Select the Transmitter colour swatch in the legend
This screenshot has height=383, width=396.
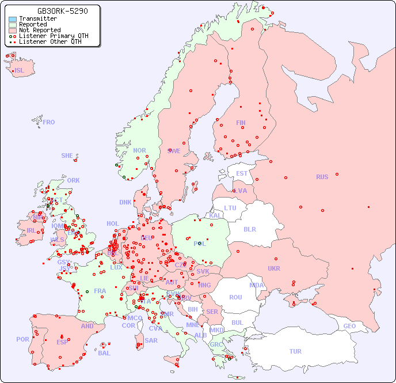click(x=12, y=19)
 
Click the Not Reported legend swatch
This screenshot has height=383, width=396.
click(x=12, y=31)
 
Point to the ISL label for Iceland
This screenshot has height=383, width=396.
click(x=20, y=71)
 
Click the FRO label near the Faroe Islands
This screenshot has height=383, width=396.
click(x=49, y=122)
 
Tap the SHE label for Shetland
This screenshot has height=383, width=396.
click(x=67, y=156)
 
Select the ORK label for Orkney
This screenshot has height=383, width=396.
click(x=73, y=180)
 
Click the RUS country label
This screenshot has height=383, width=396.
click(x=322, y=177)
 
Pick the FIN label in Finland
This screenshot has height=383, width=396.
click(x=241, y=123)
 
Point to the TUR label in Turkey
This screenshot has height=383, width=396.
click(x=295, y=351)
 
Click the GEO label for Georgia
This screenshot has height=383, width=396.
click(x=349, y=326)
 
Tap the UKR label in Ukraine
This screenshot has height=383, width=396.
click(x=274, y=268)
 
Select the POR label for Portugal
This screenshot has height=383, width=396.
click(x=22, y=339)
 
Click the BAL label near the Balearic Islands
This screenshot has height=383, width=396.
click(x=104, y=353)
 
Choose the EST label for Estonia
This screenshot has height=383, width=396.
click(x=242, y=173)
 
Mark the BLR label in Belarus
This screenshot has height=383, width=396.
click(x=249, y=229)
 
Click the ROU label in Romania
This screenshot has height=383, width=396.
click(x=235, y=297)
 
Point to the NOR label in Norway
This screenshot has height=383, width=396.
click(x=139, y=150)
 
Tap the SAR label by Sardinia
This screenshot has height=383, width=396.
click(x=151, y=340)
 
